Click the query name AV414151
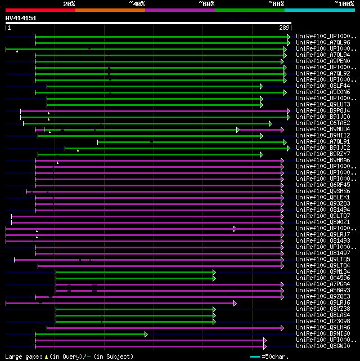[21, 18]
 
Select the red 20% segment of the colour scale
[40, 10]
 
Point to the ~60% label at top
[206, 4]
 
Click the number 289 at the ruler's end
[284, 28]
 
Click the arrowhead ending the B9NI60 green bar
[146, 334]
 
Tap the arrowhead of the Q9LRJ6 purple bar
[235, 303]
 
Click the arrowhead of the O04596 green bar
[214, 278]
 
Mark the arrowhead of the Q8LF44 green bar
[262, 86]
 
